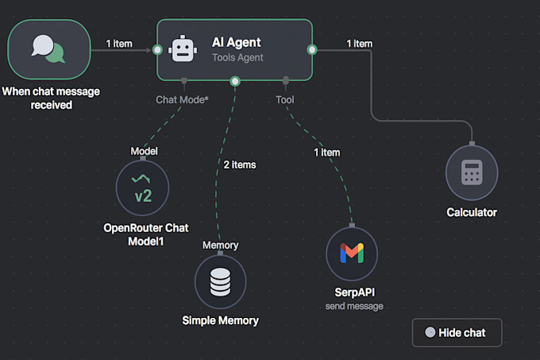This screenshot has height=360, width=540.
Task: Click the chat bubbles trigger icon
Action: [48, 49]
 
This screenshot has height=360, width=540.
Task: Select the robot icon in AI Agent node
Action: [183, 50]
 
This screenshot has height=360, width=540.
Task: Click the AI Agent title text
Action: [236, 42]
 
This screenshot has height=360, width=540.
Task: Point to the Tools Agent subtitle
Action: [237, 57]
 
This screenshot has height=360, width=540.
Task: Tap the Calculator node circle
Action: [472, 173]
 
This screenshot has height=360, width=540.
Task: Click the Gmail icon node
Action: [352, 254]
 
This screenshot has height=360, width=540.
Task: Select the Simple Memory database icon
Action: [220, 281]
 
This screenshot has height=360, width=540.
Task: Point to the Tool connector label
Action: [285, 100]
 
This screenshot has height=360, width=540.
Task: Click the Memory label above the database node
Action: [220, 246]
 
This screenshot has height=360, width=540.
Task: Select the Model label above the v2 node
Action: [144, 150]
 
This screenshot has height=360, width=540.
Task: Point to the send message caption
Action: [354, 306]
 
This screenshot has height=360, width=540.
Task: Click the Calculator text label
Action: [472, 212]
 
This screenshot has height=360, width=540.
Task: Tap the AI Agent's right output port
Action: [312, 50]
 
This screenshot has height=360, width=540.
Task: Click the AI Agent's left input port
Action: [158, 50]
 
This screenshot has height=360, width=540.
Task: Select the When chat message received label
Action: [50, 98]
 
